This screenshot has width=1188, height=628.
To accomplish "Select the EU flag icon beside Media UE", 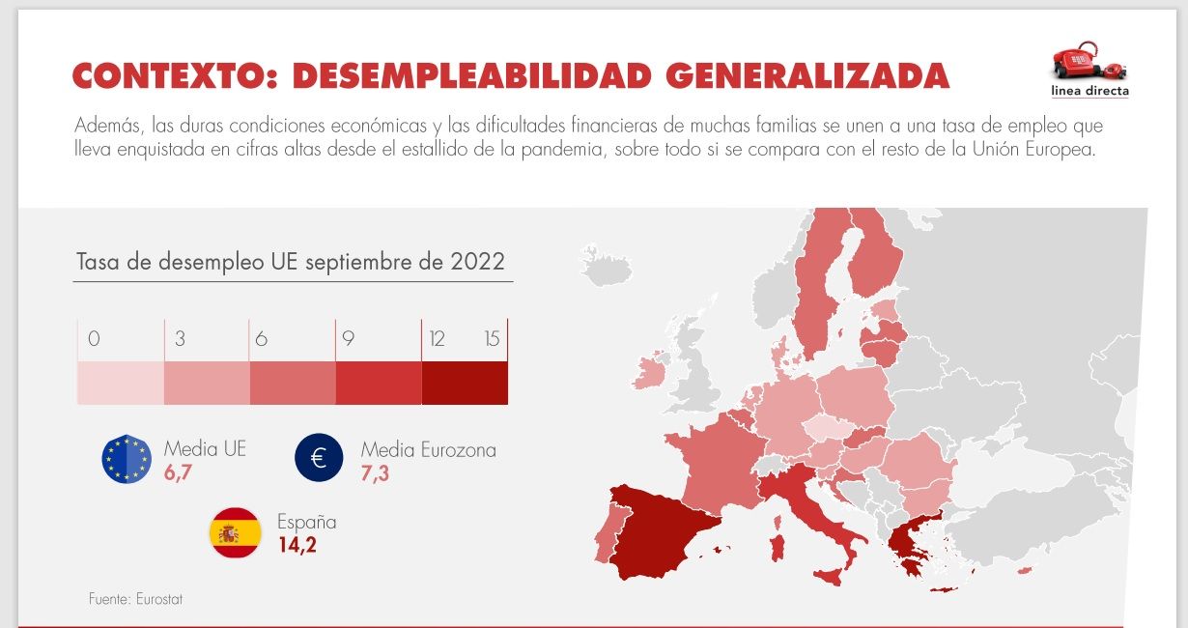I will click(x=127, y=459).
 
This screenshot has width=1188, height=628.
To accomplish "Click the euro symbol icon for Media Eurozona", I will click(x=320, y=458).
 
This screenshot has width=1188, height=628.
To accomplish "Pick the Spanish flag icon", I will click(x=235, y=532).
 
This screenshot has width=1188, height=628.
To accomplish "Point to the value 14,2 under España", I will click(x=297, y=545).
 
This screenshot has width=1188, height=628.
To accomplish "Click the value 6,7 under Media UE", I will click(x=179, y=471).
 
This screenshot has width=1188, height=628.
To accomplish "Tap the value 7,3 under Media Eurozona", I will click(x=375, y=472).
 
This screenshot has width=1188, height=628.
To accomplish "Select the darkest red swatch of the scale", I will click(x=465, y=383).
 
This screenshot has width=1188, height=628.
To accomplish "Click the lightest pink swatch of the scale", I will click(x=120, y=383).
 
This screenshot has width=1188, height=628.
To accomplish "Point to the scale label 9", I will click(x=348, y=339).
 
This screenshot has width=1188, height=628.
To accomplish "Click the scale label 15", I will click(x=492, y=339).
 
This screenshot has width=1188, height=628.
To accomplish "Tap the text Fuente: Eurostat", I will click(x=135, y=599).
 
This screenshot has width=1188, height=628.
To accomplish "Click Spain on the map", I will click(x=657, y=531).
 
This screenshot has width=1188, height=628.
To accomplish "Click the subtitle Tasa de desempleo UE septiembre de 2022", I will click(x=291, y=262).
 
